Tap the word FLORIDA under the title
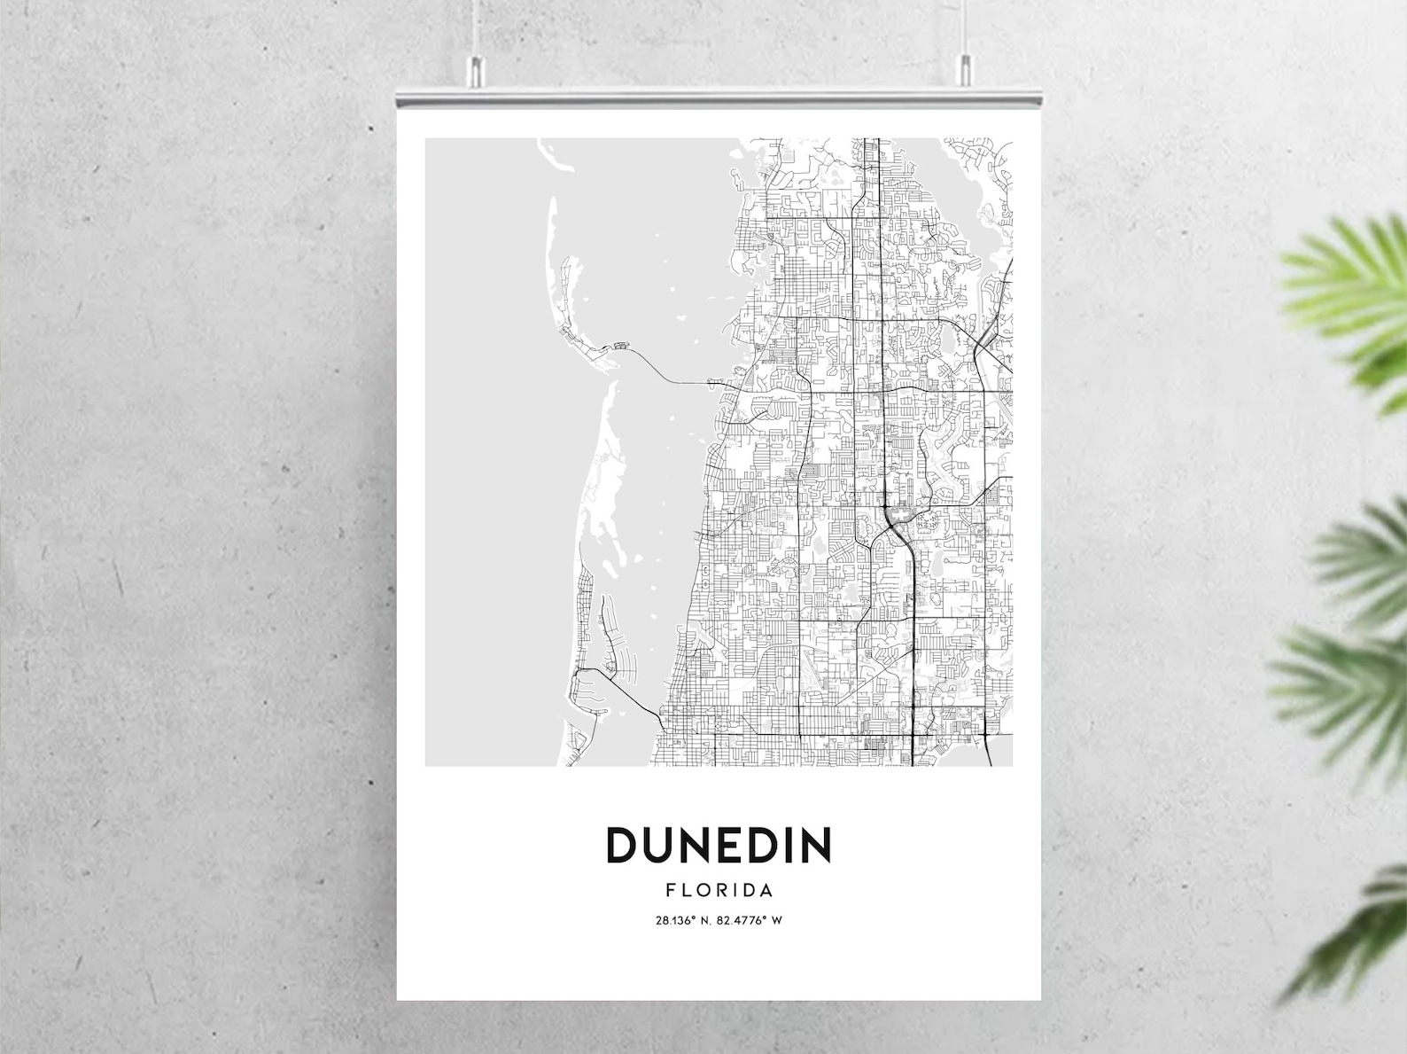(719, 890)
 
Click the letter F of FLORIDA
(670, 890)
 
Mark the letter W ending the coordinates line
(777, 920)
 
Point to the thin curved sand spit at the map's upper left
(552, 239)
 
